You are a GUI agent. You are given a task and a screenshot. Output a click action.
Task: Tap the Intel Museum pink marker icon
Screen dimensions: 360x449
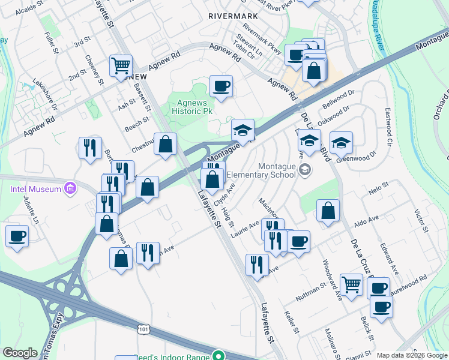coord(71,190)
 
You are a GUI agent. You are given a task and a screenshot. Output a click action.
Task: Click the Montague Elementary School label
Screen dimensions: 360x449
coord(277,170)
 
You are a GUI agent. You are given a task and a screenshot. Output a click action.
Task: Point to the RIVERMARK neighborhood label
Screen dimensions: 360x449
coord(233,16)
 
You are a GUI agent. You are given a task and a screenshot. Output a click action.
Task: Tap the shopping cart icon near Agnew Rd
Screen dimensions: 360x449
coord(121,65)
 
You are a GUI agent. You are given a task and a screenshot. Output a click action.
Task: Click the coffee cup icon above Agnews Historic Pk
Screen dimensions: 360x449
coord(221,86)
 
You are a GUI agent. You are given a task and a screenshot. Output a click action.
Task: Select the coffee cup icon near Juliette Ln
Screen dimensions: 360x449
coord(17,236)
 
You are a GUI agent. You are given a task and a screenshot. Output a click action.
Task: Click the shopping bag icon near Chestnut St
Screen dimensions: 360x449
coord(166,144)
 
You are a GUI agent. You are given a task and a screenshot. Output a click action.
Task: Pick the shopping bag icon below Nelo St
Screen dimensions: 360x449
coord(328,211)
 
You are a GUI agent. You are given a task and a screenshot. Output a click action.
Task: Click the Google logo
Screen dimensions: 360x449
coord(20,353)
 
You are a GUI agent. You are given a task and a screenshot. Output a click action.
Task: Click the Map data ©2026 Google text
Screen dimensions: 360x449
coord(411,355)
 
